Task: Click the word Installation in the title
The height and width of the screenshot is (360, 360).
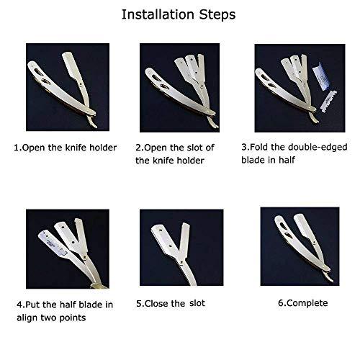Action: tap(158, 14)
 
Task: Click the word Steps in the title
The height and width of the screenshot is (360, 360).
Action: tap(217, 14)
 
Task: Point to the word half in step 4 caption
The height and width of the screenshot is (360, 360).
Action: tap(68, 305)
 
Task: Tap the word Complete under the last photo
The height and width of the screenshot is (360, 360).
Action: tap(307, 303)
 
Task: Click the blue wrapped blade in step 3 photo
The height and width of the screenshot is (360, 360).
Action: tap(322, 76)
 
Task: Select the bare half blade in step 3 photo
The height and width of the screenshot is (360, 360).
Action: tap(328, 102)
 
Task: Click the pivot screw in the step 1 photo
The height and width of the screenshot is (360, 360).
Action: tap(81, 84)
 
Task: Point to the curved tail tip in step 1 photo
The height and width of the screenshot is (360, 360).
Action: tap(96, 126)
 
